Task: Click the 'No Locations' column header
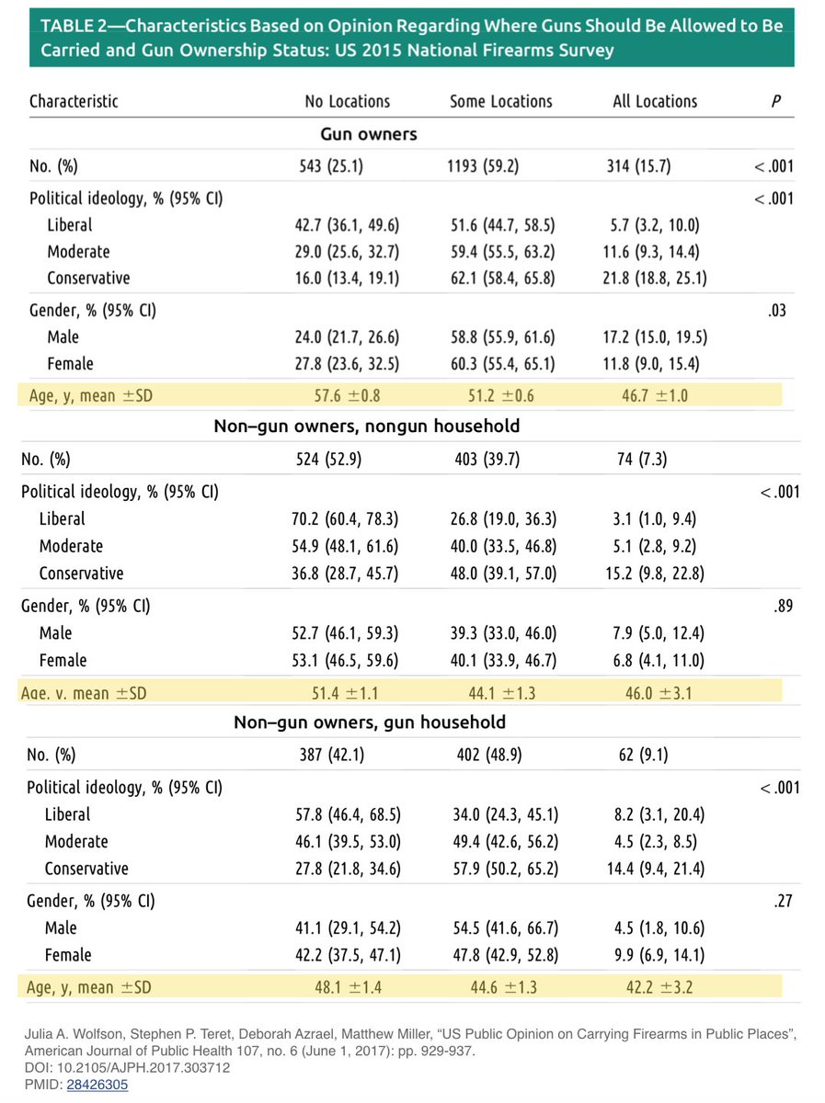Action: pyautogui.click(x=347, y=101)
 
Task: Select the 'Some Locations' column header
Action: pyautogui.click(x=500, y=101)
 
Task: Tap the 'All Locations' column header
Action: pyautogui.click(x=655, y=101)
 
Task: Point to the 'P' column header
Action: pyautogui.click(x=776, y=101)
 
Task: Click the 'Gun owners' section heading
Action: pyautogui.click(x=368, y=134)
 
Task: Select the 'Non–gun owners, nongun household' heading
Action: pyautogui.click(x=367, y=426)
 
